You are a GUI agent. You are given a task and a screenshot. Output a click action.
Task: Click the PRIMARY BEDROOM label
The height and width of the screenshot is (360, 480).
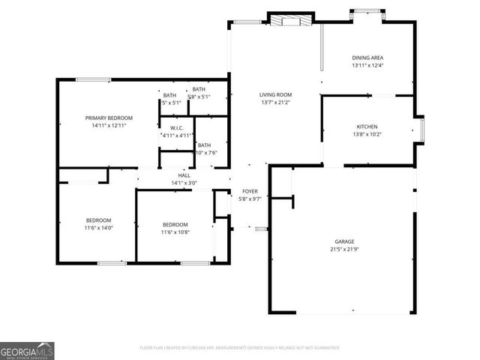(x=109, y=118)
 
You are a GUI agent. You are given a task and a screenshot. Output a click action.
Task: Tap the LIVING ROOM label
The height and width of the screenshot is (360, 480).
(x=275, y=94)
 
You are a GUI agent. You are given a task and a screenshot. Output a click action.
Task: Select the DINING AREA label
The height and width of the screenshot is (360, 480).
(x=367, y=58)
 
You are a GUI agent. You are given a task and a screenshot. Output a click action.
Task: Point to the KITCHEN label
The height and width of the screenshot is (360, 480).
(x=367, y=127)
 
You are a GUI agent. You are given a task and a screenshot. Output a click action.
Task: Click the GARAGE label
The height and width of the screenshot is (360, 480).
(x=344, y=241)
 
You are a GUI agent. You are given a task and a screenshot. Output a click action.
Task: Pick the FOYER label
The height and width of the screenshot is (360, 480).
(x=250, y=191)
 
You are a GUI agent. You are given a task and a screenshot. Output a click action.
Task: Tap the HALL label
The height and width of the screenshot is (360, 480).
(x=184, y=175)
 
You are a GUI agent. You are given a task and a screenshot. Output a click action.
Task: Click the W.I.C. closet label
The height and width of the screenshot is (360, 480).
(x=177, y=128)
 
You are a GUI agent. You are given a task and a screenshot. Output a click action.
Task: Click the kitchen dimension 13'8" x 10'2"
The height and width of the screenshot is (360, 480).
(x=367, y=134)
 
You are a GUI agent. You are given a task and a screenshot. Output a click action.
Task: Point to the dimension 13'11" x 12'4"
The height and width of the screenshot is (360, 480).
(x=367, y=65)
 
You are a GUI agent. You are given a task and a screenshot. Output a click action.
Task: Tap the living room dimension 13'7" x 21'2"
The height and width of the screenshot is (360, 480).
(x=275, y=102)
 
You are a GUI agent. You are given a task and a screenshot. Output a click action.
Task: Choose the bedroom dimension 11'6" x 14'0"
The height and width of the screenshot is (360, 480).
(x=98, y=227)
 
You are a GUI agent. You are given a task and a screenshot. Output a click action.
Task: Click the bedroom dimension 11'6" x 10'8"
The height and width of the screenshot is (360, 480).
(x=175, y=232)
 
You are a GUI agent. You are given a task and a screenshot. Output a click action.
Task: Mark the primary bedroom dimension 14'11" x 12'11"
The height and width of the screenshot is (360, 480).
(x=109, y=125)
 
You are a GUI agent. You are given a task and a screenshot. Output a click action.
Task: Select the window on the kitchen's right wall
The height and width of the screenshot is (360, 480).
(x=421, y=130)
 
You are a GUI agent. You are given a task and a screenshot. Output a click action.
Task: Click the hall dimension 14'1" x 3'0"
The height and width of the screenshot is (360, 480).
(x=184, y=182)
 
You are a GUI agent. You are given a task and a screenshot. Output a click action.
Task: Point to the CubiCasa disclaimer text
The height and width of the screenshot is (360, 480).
(x=240, y=348)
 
